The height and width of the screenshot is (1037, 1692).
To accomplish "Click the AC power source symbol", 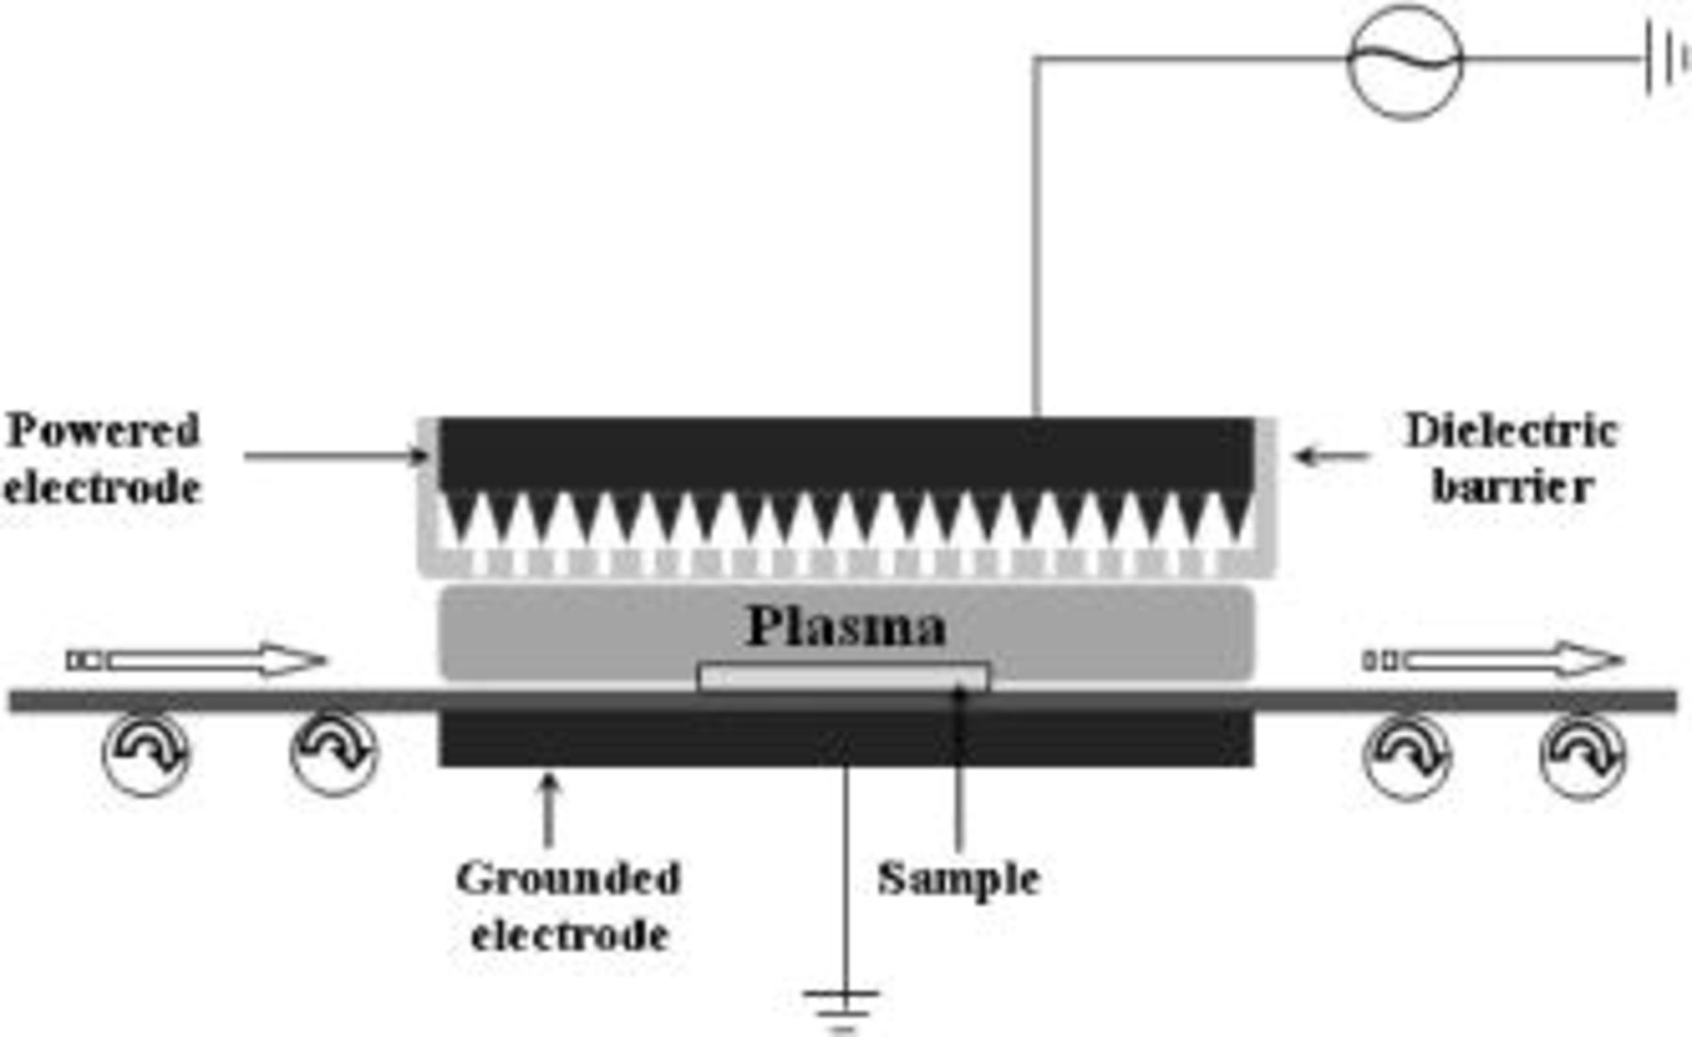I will [x=1405, y=61].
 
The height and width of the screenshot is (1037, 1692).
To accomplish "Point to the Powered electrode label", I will [x=103, y=459].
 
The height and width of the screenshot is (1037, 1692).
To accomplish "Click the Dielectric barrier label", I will [x=1512, y=459].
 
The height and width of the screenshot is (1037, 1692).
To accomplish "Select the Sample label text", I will [x=959, y=879].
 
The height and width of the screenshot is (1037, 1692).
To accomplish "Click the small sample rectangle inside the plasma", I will [x=843, y=677].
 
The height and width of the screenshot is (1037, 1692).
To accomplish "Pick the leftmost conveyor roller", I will [x=147, y=754].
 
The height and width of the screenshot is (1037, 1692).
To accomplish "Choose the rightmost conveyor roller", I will [x=1583, y=756].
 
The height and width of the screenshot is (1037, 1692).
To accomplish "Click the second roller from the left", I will [x=334, y=754].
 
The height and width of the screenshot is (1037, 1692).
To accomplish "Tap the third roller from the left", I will [x=1407, y=756].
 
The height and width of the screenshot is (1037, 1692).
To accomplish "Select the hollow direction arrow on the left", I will [x=197, y=661].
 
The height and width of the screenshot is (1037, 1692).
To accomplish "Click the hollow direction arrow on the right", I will [x=1495, y=661].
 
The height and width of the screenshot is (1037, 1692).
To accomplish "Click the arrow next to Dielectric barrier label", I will [x=1331, y=457].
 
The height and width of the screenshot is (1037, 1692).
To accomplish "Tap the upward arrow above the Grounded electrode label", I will [x=550, y=809].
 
